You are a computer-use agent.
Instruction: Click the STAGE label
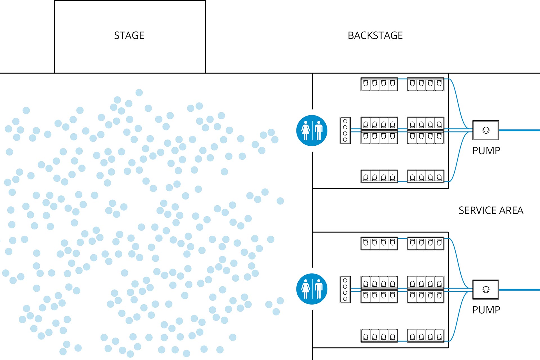tap(129, 35)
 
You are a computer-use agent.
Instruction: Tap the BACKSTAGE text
tap(375, 35)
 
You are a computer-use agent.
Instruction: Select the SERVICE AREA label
tap(491, 210)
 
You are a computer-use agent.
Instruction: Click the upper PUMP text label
tap(486, 151)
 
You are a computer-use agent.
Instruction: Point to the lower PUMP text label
tap(486, 310)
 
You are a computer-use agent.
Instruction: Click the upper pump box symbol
tap(485, 130)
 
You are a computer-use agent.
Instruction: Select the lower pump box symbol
tap(485, 289)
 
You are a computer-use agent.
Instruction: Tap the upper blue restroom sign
tap(312, 130)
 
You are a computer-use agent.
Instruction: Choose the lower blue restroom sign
tap(312, 289)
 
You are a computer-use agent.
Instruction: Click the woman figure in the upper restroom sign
tap(305, 130)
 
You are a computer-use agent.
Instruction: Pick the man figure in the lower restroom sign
tap(319, 289)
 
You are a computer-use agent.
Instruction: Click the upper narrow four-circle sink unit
tap(345, 130)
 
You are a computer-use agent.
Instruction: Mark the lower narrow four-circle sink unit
tap(345, 289)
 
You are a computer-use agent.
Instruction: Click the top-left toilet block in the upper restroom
tap(379, 84)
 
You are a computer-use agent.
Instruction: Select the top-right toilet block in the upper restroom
tap(426, 84)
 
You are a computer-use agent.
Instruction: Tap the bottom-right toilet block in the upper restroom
tap(426, 176)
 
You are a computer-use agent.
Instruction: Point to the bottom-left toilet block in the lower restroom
tap(379, 336)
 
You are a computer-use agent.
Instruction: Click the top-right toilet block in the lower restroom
tap(426, 244)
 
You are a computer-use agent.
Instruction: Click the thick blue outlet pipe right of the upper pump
tap(519, 130)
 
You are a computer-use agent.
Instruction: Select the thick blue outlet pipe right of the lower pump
tap(519, 290)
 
